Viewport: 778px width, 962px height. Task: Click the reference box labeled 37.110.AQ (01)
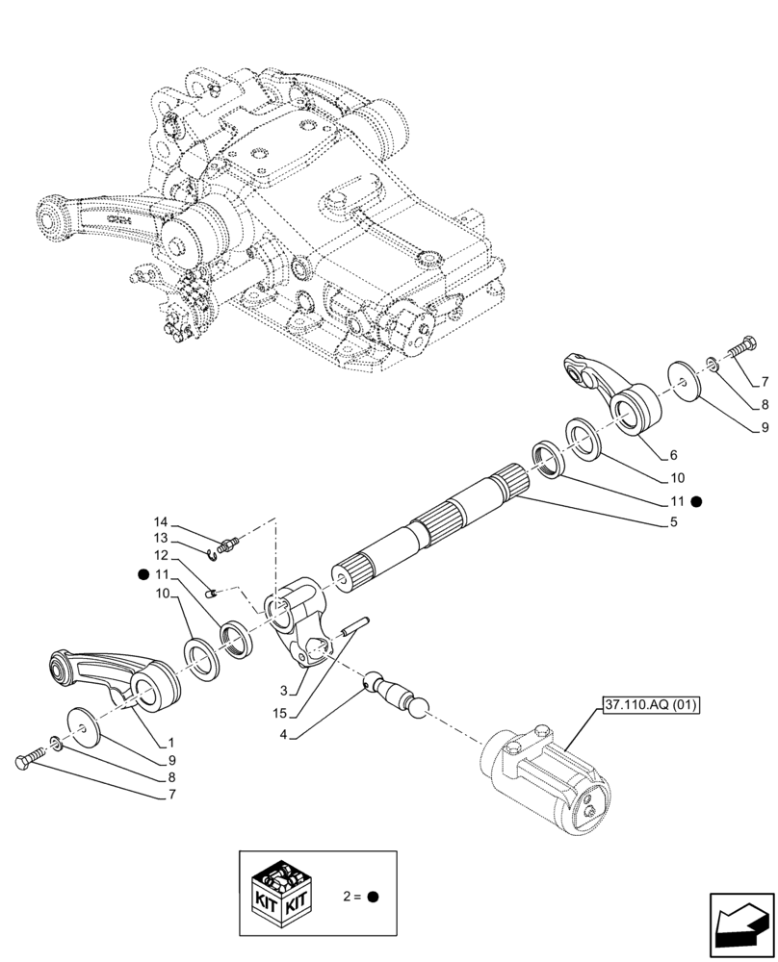pyautogui.click(x=652, y=704)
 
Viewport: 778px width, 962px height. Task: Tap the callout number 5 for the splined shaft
pyautogui.click(x=674, y=522)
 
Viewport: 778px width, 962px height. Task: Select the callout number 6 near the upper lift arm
pyautogui.click(x=674, y=455)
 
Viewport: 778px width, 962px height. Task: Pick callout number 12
pyautogui.click(x=161, y=556)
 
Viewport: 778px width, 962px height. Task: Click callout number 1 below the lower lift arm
pyautogui.click(x=171, y=743)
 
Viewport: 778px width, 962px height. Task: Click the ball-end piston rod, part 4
pyautogui.click(x=395, y=693)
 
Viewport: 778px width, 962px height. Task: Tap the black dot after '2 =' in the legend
pyautogui.click(x=373, y=897)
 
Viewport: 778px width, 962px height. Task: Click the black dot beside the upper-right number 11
pyautogui.click(x=696, y=501)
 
